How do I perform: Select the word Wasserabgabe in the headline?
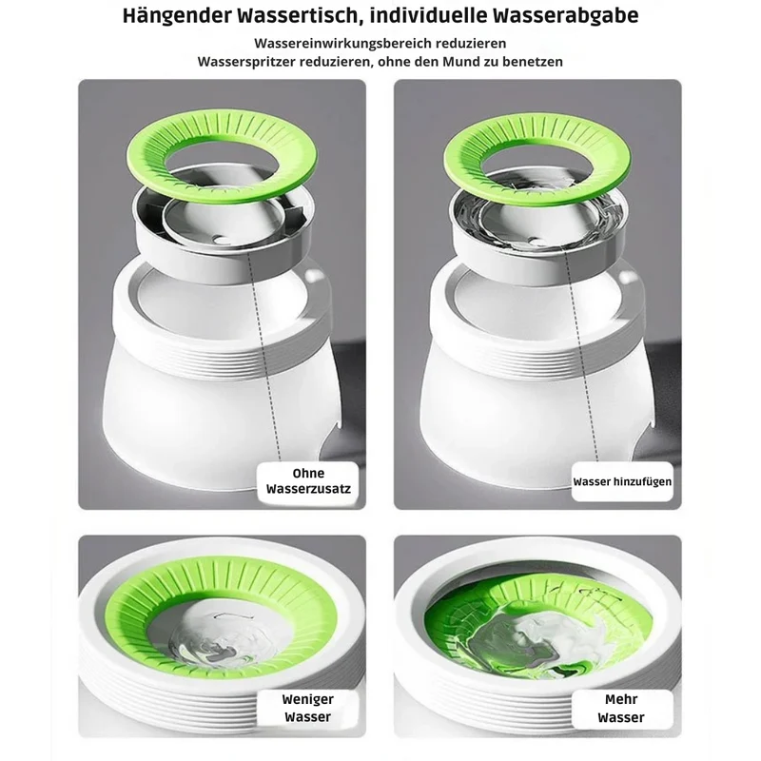[x=565, y=15]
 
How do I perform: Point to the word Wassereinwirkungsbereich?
[x=342, y=43]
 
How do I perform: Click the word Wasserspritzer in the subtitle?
[x=246, y=62]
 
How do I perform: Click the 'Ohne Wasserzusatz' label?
[x=308, y=481]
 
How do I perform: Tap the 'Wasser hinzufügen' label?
[x=622, y=482]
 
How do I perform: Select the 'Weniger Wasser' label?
[x=308, y=708]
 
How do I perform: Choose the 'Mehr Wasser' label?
[x=621, y=708]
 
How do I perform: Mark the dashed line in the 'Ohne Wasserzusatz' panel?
[x=264, y=357]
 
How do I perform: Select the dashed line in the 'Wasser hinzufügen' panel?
[x=582, y=357]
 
